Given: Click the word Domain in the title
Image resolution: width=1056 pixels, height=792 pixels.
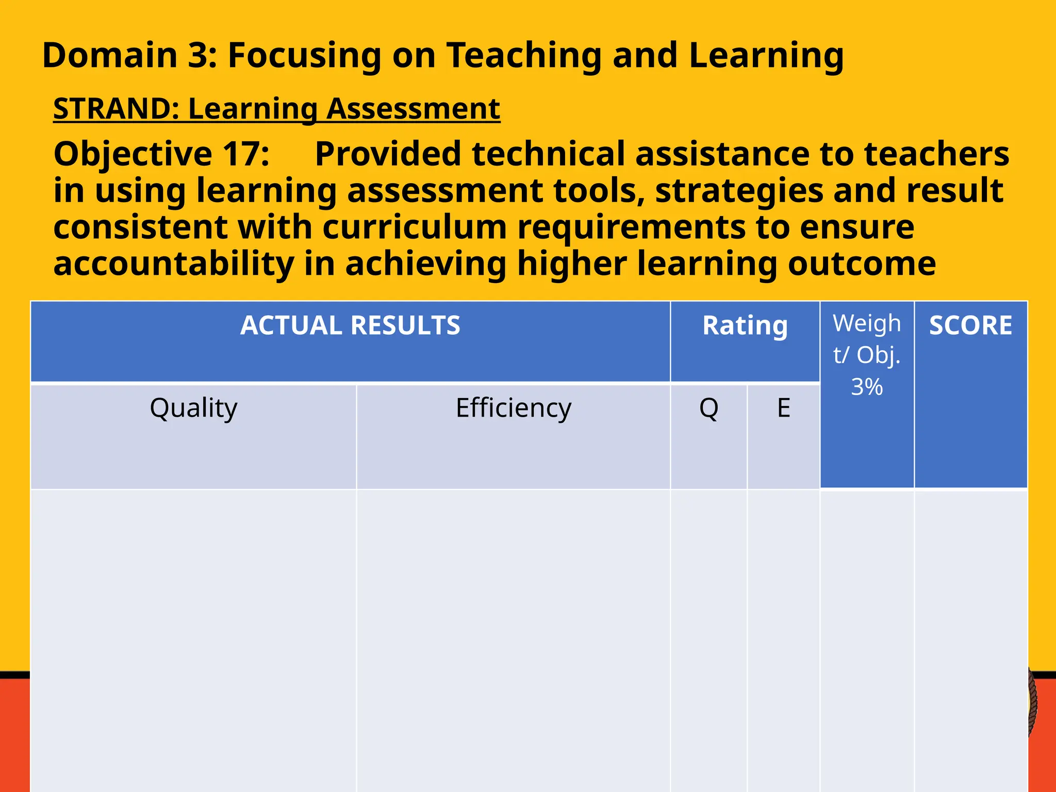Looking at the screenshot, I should [109, 55].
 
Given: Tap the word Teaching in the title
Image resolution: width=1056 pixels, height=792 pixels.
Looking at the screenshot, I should [523, 55].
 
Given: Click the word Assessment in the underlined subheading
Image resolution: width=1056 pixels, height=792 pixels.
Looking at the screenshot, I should [413, 109].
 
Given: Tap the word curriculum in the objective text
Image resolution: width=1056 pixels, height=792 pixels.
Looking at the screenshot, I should [415, 227].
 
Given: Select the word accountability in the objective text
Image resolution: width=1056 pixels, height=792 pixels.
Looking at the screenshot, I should [174, 263].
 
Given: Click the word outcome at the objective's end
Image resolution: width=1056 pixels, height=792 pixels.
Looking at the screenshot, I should [862, 263].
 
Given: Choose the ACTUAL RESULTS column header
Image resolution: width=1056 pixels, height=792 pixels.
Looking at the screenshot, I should [350, 326].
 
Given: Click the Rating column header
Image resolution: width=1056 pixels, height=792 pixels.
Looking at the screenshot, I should [745, 326].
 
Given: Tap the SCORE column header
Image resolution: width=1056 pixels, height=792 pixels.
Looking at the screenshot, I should [970, 326].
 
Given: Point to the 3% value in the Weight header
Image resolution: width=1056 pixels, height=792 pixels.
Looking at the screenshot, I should [867, 387].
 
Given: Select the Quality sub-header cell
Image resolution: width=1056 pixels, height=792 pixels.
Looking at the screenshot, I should [193, 408].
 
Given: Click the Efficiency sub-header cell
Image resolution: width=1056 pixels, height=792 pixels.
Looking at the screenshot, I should [514, 408].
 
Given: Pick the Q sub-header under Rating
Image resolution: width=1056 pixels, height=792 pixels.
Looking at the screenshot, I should [708, 408].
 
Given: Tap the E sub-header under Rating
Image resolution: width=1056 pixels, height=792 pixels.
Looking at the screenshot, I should [783, 408].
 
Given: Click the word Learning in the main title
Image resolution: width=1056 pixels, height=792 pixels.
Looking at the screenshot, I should [766, 55].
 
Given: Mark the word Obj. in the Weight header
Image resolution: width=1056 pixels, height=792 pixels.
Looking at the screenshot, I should [879, 355].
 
